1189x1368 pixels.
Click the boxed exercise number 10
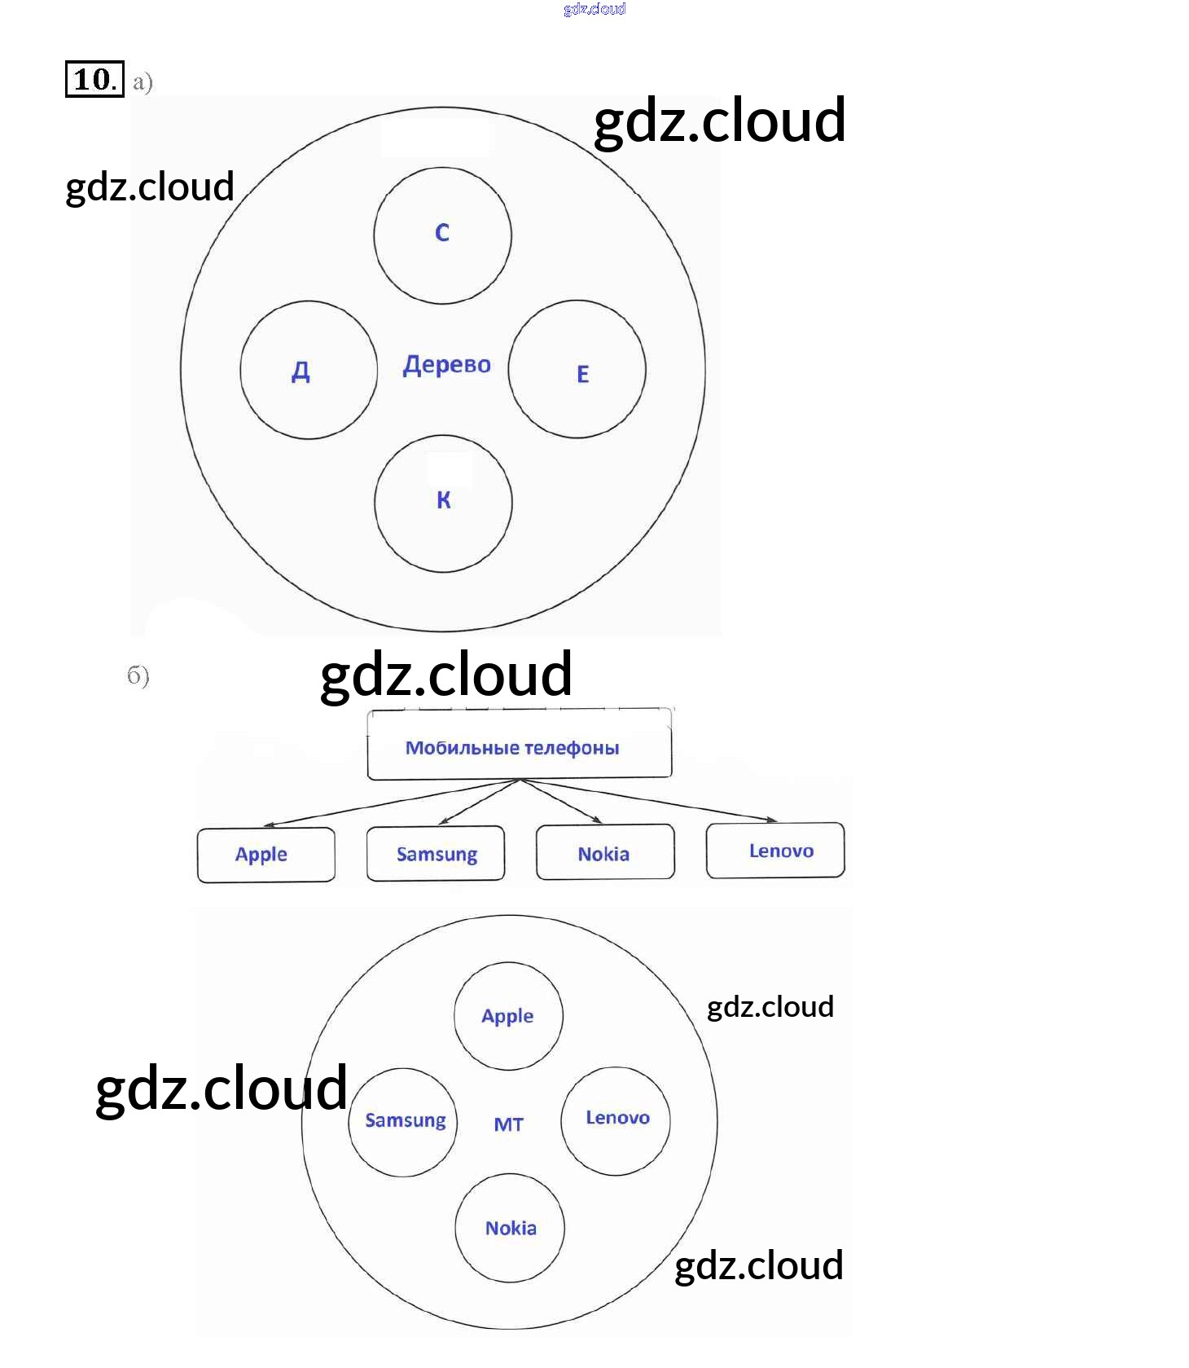pyautogui.click(x=94, y=79)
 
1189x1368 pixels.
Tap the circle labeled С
pyautogui.click(x=442, y=235)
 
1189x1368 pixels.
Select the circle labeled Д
pyautogui.click(x=309, y=370)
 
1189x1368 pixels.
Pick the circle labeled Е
pyautogui.click(x=577, y=370)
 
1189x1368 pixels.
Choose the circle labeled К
pyautogui.click(x=443, y=503)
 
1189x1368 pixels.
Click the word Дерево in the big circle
pyautogui.click(x=447, y=364)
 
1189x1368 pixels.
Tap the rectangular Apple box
pyautogui.click(x=265, y=855)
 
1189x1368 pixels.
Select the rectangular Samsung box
pyautogui.click(x=436, y=854)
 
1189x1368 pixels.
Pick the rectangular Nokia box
pyautogui.click(x=605, y=852)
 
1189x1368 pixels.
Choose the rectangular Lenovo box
pyautogui.click(x=775, y=851)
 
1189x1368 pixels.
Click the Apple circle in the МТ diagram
pyautogui.click(x=507, y=1016)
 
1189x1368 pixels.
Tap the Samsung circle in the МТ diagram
pyautogui.click(x=403, y=1122)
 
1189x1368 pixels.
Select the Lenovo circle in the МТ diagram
pyautogui.click(x=616, y=1120)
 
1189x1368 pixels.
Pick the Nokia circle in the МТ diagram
pyautogui.click(x=510, y=1228)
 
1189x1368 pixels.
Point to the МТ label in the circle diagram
pyautogui.click(x=509, y=1124)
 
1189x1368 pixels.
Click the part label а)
pyautogui.click(x=143, y=81)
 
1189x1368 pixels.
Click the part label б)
pyautogui.click(x=138, y=675)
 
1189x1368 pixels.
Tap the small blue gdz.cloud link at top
pyautogui.click(x=594, y=9)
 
